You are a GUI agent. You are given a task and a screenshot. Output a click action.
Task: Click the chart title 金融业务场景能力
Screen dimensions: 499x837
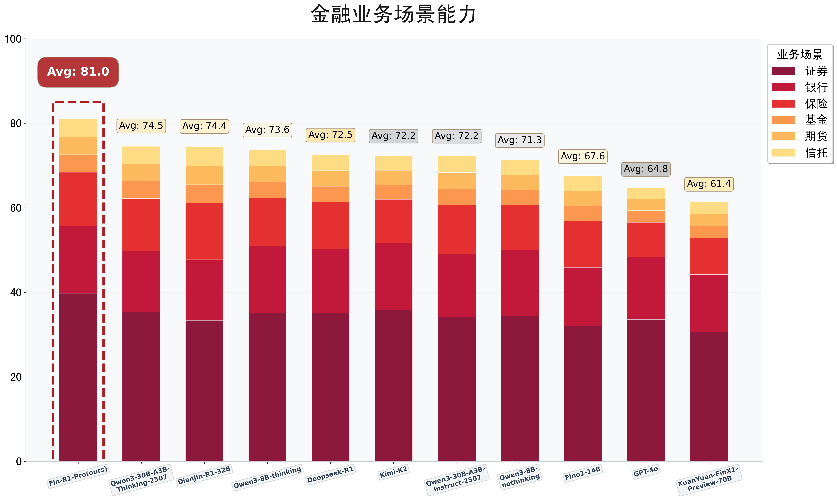point(393,14)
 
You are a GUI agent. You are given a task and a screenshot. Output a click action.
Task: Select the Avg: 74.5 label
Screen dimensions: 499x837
point(141,126)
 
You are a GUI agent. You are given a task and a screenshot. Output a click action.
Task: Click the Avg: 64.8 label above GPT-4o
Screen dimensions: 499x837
point(646,169)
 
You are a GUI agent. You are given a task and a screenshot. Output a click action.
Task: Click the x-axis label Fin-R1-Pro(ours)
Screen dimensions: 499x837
point(78,475)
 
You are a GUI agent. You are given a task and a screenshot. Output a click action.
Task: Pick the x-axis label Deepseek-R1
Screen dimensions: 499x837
point(330,474)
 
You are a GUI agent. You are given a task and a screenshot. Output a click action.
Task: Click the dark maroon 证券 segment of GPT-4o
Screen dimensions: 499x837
point(646,390)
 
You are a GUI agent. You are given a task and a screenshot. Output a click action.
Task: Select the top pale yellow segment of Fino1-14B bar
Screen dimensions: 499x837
point(583,183)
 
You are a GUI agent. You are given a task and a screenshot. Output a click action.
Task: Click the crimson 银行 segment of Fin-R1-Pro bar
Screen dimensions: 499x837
point(78,260)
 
